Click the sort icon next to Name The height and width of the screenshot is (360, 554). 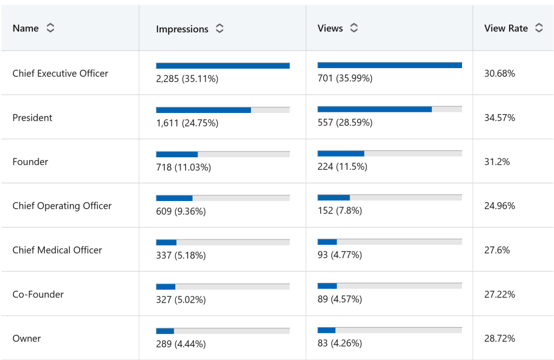click(50, 28)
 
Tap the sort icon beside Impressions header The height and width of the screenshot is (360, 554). click(220, 29)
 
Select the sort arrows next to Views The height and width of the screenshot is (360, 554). click(354, 28)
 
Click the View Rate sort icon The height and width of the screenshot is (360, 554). click(539, 28)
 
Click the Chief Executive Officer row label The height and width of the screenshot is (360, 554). click(60, 74)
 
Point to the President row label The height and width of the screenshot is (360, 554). click(32, 118)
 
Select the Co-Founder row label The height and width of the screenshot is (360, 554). click(38, 295)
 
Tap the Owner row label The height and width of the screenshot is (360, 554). click(27, 339)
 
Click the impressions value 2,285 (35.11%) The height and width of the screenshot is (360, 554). click(187, 79)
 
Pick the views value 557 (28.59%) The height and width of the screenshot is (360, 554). click(345, 123)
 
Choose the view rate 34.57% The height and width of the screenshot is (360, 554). click(499, 118)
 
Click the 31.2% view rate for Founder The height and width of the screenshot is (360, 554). click(497, 162)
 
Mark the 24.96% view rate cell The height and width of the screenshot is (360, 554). click(499, 206)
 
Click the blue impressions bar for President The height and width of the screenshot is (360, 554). click(203, 110)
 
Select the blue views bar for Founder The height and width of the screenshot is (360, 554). click(341, 154)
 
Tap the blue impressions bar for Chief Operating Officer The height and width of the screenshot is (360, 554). click(174, 198)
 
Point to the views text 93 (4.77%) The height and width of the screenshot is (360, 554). click(340, 255)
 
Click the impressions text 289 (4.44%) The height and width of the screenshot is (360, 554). click(181, 344)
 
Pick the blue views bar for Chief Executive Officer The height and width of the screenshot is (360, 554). click(390, 65)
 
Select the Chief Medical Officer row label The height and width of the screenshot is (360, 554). click(57, 250)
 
